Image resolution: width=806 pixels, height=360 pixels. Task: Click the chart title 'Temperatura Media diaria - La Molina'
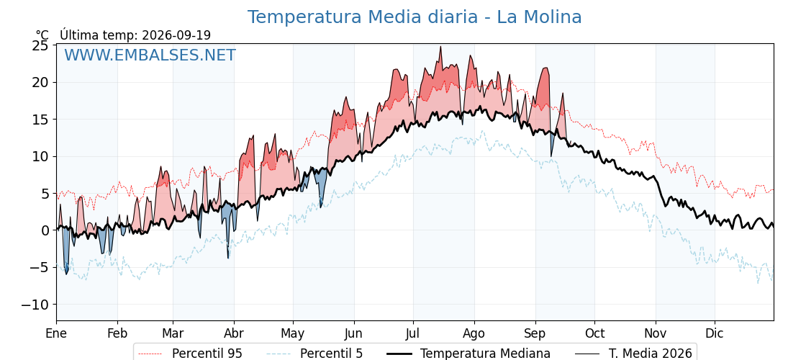(415, 17)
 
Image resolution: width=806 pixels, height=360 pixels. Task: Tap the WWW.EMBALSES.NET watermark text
(150, 55)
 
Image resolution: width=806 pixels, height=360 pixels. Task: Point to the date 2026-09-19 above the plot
(176, 35)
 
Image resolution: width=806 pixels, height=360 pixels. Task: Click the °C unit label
(42, 35)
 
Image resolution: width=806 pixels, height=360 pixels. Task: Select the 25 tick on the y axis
(40, 46)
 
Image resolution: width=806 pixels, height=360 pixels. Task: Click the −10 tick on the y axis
(35, 305)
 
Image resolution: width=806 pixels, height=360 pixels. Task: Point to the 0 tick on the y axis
(45, 230)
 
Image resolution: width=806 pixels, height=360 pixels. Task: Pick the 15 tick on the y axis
(40, 120)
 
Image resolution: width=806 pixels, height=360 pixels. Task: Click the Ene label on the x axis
(56, 333)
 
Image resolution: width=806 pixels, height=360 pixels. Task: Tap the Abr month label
(234, 333)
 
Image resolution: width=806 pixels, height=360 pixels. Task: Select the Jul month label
(413, 333)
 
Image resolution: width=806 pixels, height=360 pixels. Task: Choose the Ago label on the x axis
(474, 333)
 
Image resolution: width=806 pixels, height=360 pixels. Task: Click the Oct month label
(594, 333)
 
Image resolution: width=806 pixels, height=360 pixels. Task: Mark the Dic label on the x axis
(715, 333)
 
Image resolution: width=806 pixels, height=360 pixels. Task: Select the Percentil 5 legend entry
(314, 354)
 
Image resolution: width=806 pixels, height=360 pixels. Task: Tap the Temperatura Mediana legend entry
(467, 354)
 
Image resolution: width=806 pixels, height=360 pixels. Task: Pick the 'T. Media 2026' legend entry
(633, 354)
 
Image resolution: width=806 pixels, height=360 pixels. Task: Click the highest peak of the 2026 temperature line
(440, 47)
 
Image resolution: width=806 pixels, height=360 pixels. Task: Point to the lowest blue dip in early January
(66, 274)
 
